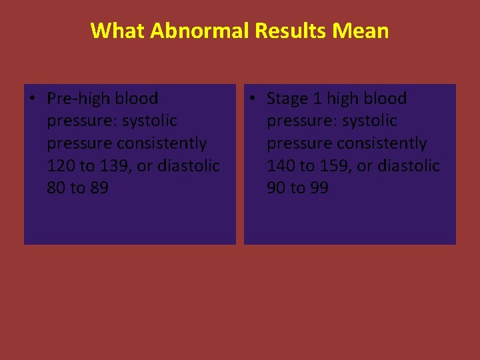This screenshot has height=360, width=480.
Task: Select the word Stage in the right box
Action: (x=288, y=99)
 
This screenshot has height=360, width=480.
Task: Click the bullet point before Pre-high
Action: (x=31, y=99)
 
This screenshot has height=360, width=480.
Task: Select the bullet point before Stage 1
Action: (x=251, y=99)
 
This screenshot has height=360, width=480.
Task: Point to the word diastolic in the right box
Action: (x=408, y=166)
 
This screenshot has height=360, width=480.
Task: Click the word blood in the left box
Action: (x=137, y=99)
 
